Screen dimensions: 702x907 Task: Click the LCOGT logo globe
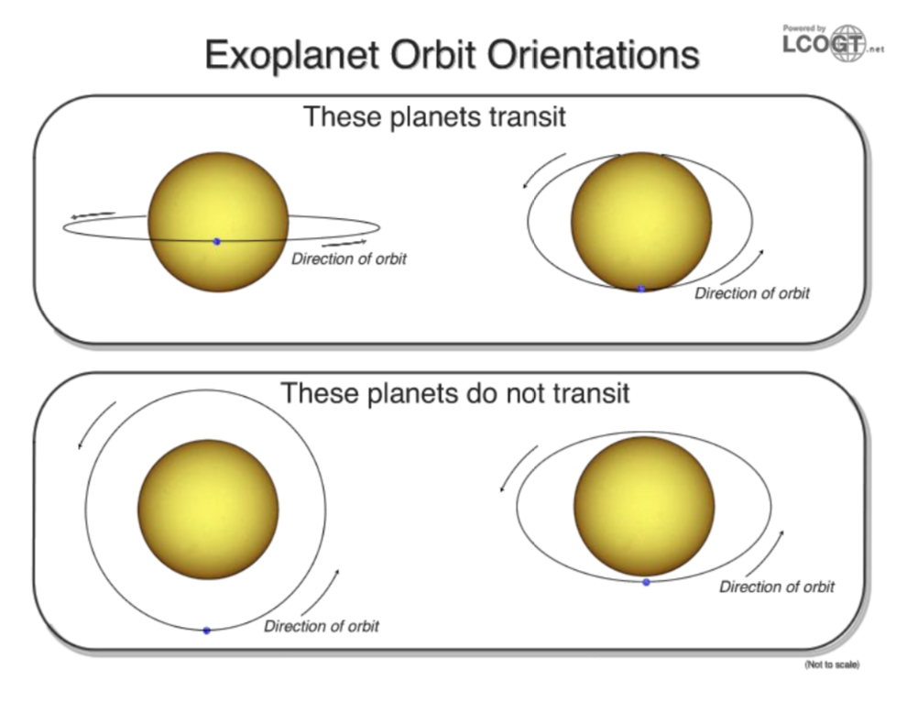[847, 43]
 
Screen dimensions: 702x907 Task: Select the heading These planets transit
[434, 117]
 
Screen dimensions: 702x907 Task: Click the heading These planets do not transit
[455, 393]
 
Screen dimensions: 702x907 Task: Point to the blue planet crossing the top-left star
[217, 241]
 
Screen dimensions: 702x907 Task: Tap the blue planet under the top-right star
[641, 289]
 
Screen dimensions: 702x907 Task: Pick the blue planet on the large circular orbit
[206, 631]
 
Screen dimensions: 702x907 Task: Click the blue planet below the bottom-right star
[646, 582]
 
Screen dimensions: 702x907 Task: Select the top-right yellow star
[641, 221]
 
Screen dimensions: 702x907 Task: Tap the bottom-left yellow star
[208, 509]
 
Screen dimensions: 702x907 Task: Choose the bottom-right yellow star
[644, 507]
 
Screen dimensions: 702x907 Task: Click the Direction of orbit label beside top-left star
[348, 259]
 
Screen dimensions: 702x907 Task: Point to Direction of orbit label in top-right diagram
[751, 294]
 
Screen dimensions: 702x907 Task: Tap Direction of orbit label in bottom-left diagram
[321, 627]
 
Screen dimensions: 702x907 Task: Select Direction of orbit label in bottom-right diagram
[776, 587]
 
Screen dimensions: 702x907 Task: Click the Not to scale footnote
[832, 664]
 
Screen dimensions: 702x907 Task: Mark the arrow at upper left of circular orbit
[96, 424]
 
